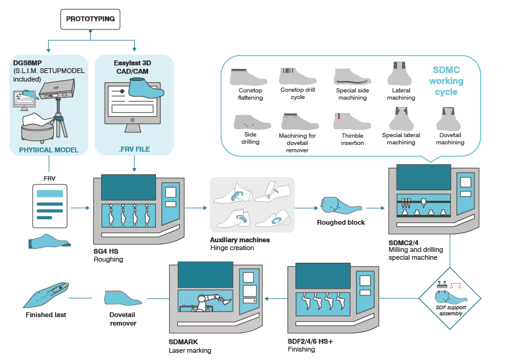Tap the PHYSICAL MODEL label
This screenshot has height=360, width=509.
click(48, 150)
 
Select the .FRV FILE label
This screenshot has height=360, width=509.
click(134, 150)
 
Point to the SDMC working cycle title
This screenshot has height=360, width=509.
click(447, 81)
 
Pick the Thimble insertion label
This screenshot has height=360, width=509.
click(352, 139)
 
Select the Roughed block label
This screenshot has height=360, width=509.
click(341, 222)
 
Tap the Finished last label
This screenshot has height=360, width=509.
click(46, 315)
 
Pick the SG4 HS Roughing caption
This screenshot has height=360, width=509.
click(108, 256)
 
